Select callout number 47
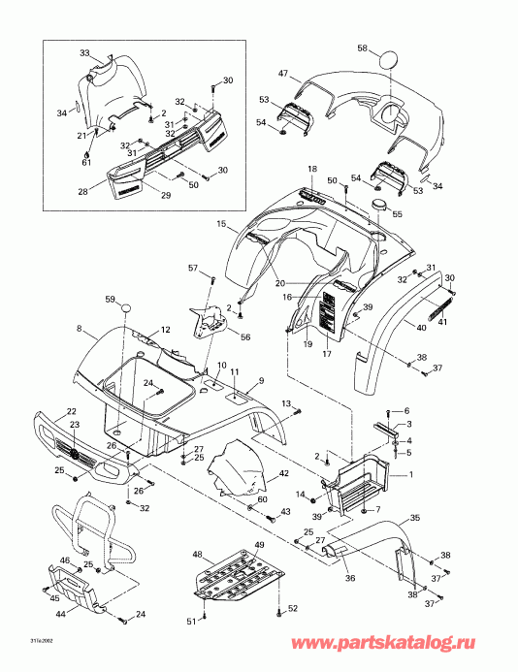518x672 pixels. [284, 74]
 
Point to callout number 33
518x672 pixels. [84, 52]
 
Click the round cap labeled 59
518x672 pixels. [125, 309]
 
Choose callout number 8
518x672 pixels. [80, 331]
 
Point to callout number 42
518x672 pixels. [284, 473]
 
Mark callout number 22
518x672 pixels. [72, 412]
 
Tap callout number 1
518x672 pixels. [411, 474]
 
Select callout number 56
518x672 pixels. [243, 338]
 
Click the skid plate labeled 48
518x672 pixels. [233, 578]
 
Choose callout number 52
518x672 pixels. [293, 608]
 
